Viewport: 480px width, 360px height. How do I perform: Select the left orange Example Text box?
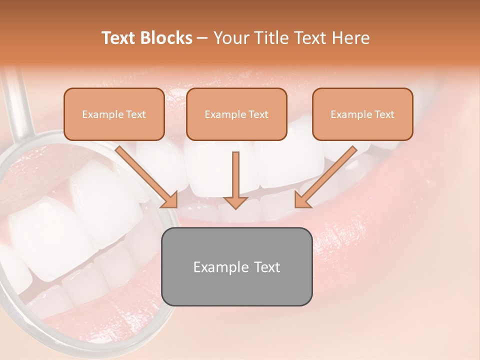point(114,114)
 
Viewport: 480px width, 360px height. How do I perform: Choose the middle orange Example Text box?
point(236,114)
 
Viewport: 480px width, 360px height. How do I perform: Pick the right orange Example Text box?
point(362,114)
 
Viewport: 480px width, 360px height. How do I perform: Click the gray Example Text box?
point(236,266)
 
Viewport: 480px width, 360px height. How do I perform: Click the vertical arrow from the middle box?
point(235,175)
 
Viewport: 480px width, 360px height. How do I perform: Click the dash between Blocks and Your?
point(202,38)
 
